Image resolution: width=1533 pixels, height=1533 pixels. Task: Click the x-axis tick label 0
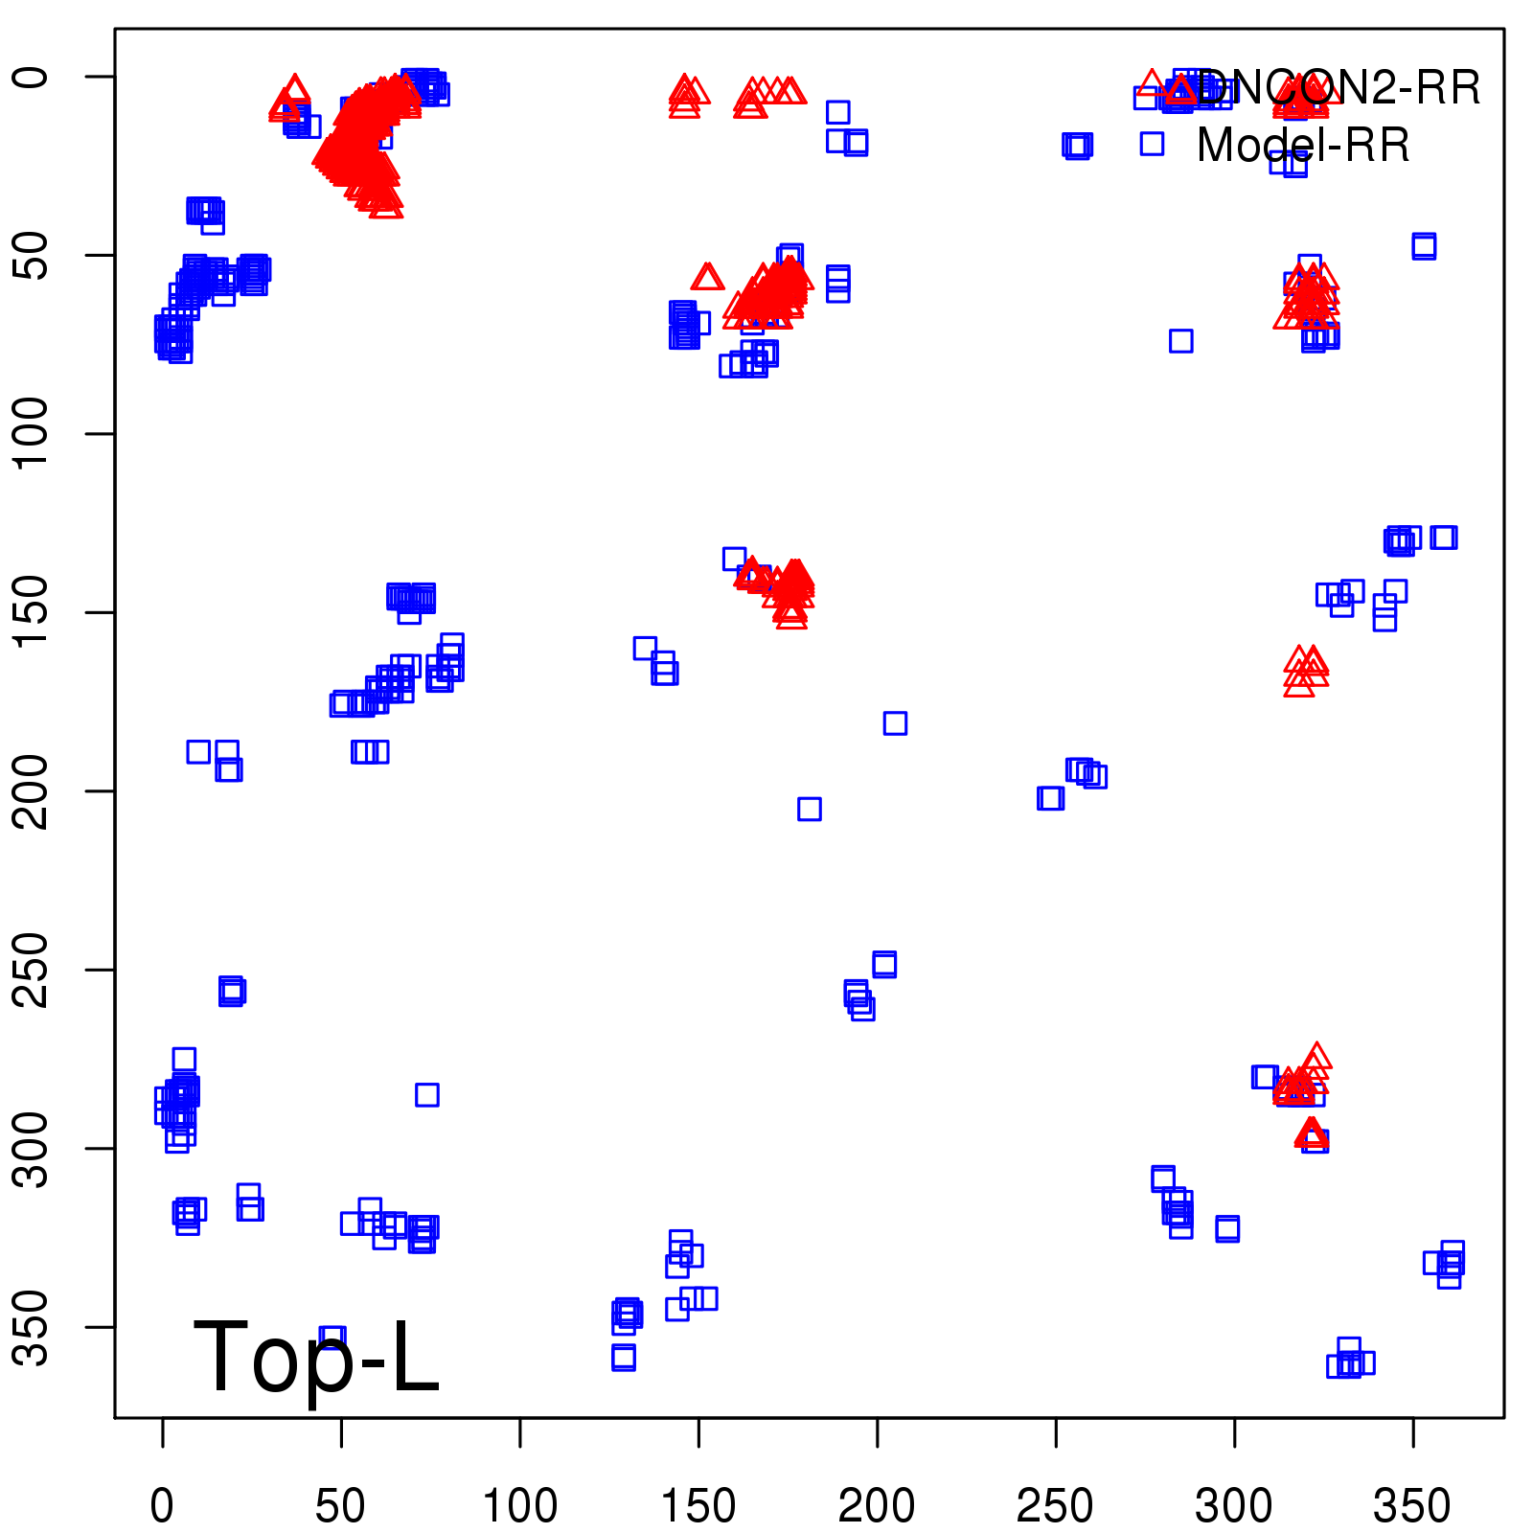(x=162, y=1506)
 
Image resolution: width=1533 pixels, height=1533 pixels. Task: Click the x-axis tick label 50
(x=340, y=1506)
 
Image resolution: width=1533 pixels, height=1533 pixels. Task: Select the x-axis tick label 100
(x=519, y=1506)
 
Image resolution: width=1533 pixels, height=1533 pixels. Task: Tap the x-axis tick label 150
(x=698, y=1506)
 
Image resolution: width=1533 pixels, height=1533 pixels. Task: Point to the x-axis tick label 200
(x=877, y=1506)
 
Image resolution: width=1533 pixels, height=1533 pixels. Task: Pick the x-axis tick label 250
(x=1055, y=1506)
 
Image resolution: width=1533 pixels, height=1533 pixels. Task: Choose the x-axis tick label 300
(x=1234, y=1506)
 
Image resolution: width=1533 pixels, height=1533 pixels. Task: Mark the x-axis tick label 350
(x=1412, y=1506)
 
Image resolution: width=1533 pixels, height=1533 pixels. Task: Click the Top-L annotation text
(x=316, y=1357)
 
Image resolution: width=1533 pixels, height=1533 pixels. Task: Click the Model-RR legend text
(x=1303, y=146)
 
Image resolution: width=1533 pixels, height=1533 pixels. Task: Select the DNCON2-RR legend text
(x=1338, y=88)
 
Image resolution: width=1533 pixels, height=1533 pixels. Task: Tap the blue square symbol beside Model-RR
(x=1152, y=144)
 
